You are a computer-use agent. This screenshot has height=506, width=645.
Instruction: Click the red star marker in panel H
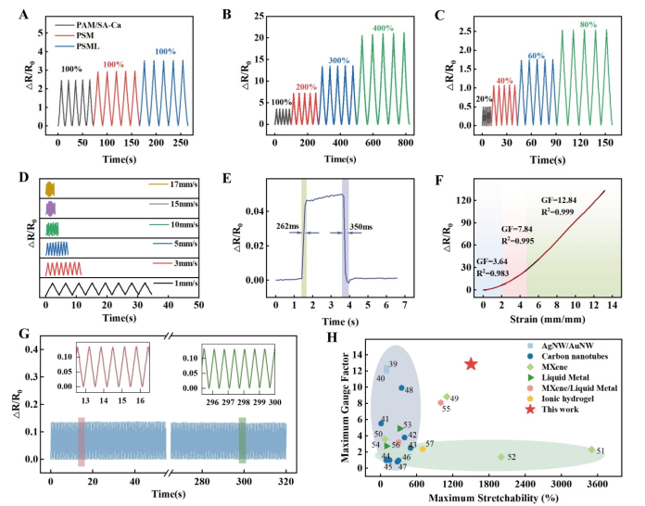(471, 364)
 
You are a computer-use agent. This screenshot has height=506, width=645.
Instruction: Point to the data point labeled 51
(591, 449)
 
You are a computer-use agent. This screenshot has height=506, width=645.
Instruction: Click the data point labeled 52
(501, 457)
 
